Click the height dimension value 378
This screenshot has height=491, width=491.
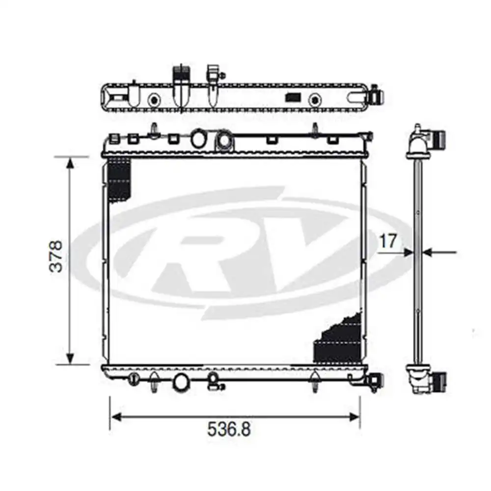tap(58, 256)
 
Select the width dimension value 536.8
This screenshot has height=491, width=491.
tap(229, 430)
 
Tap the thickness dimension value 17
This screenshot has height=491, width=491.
tap(387, 241)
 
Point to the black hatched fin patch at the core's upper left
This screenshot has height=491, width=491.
tap(118, 179)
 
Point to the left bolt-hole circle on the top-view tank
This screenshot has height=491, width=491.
tap(155, 100)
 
